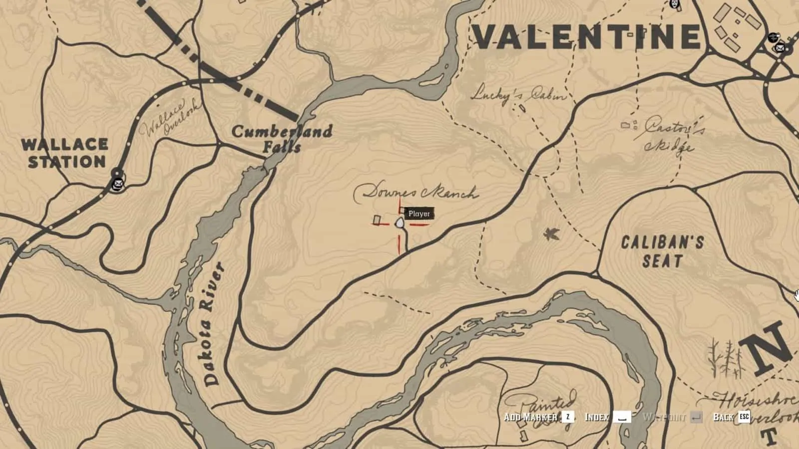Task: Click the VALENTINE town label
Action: [x=586, y=37]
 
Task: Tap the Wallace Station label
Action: [x=65, y=153]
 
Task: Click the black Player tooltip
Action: [x=419, y=214]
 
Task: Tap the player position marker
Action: [x=400, y=223]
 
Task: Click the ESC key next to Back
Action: [x=744, y=417]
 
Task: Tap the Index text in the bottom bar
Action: [x=597, y=417]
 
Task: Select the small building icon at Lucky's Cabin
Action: [x=522, y=108]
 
